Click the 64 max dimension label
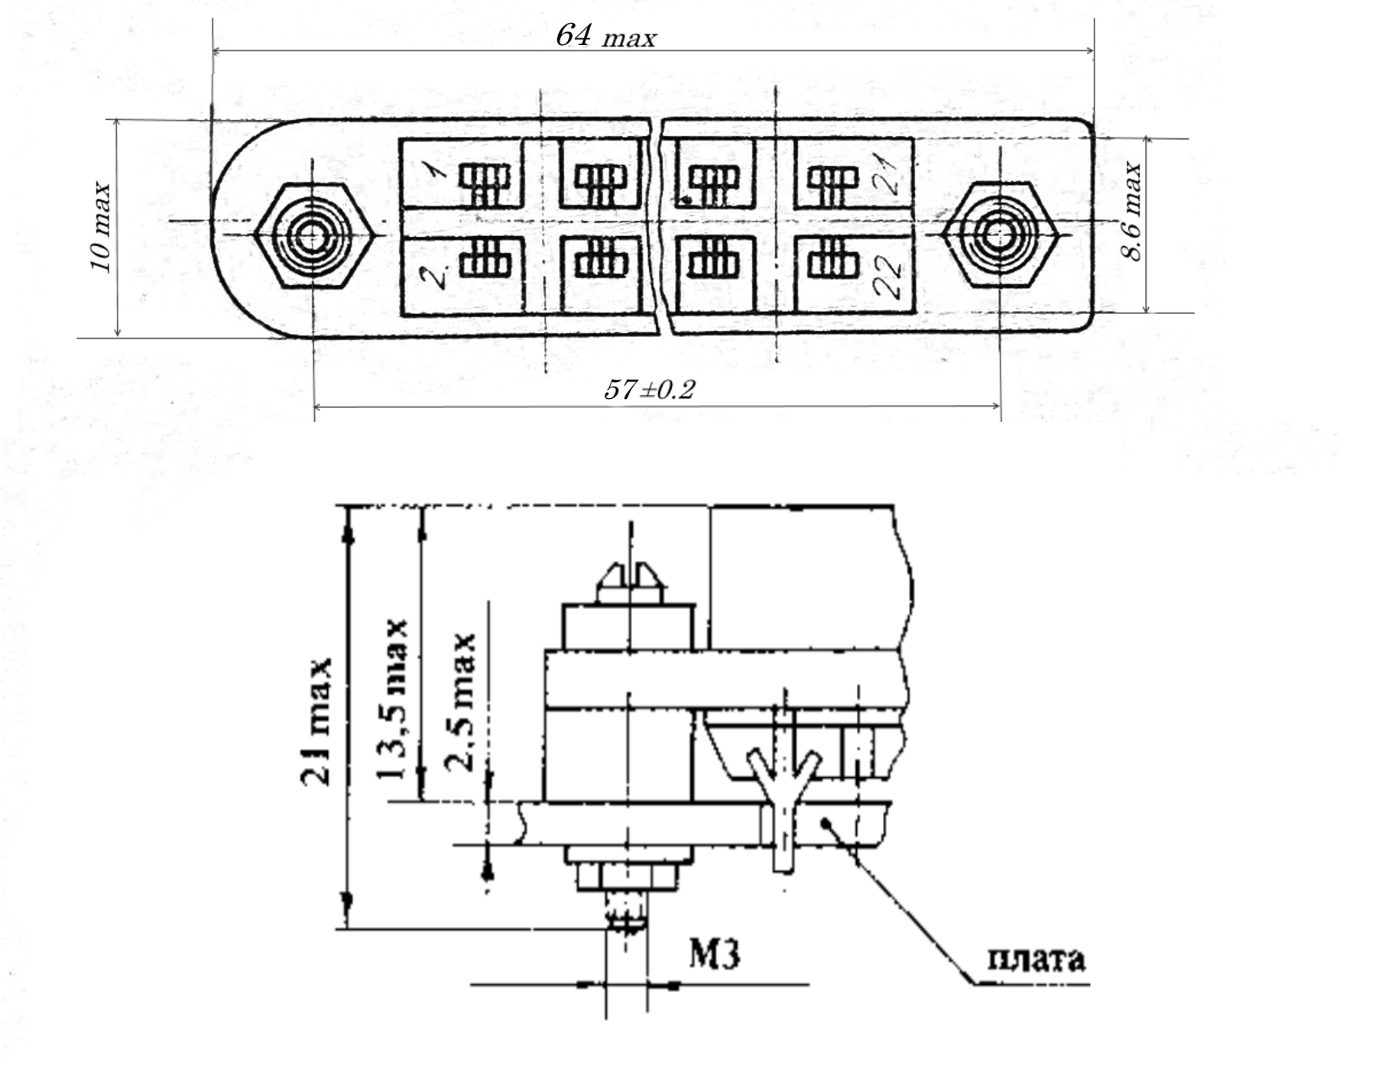605,35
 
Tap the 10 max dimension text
102,227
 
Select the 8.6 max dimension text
1132,212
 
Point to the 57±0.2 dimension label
650,390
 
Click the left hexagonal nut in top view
313,235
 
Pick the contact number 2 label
437,273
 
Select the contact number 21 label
887,171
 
